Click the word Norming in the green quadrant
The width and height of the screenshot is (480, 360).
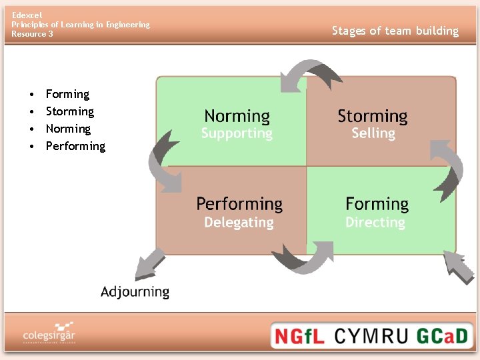237,116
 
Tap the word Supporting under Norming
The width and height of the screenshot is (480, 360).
237,133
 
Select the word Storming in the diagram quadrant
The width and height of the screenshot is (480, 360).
372,116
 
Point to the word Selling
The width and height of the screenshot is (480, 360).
373,133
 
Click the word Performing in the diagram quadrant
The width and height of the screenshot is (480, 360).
239,204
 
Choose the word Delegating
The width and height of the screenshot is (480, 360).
239,222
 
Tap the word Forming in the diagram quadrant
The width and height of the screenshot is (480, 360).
377,204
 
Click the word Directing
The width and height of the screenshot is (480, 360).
375,222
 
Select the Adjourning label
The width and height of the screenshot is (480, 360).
135,291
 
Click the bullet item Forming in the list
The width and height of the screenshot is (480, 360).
67,94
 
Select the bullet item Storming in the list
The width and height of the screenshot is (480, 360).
70,111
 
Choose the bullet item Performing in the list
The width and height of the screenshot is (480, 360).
75,146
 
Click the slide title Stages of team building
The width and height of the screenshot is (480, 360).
395,31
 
